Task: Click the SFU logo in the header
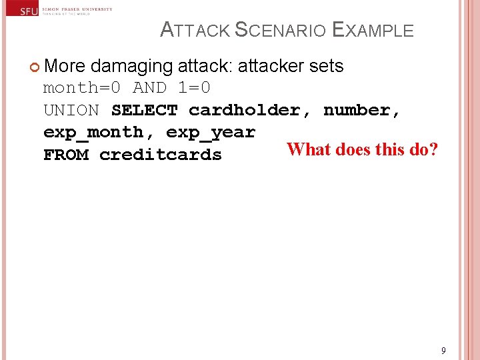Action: click(28, 11)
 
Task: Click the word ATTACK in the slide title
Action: click(196, 31)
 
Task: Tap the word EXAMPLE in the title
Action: click(373, 31)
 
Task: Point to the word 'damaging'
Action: click(131, 66)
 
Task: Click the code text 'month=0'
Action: click(82, 88)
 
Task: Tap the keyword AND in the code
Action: click(149, 88)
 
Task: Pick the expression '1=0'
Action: click(194, 88)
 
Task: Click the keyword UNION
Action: click(71, 110)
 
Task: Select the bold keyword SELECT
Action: click(144, 110)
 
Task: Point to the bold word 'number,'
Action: click(362, 110)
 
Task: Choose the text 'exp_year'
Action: click(211, 132)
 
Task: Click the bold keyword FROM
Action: click(65, 155)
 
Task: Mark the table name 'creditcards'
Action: click(161, 155)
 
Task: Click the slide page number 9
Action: click(443, 351)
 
